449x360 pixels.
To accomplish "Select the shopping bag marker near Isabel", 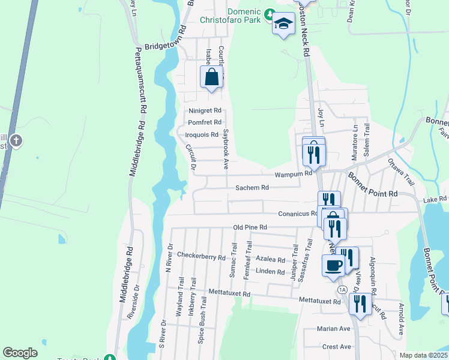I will click(x=211, y=77).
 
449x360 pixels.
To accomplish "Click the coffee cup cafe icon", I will click(x=333, y=265).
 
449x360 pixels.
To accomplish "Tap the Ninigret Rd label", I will click(x=205, y=110).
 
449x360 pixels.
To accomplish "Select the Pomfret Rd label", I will click(x=205, y=122).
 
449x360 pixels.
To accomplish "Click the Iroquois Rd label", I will click(x=202, y=134).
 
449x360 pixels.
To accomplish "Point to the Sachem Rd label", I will click(x=252, y=187).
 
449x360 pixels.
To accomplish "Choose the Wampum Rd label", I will click(x=294, y=174).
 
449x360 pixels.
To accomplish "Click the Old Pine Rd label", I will click(x=249, y=227).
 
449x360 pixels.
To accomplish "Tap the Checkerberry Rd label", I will click(x=200, y=256).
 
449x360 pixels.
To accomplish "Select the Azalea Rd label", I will click(x=270, y=260).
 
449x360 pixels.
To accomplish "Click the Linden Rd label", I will click(x=270, y=272).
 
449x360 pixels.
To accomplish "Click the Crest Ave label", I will click(x=336, y=347).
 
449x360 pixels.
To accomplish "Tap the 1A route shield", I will click(x=342, y=290).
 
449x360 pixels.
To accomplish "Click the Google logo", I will click(x=20, y=353).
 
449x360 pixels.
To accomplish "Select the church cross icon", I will click(x=16, y=142).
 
